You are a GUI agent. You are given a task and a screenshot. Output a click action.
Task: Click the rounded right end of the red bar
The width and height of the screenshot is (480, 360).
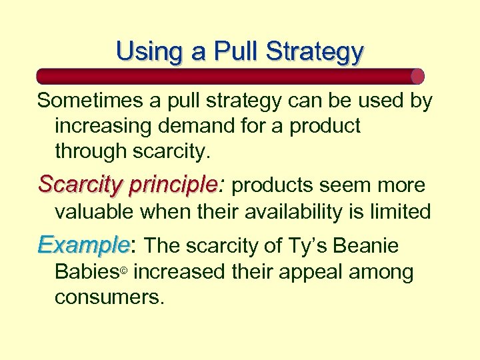[x=417, y=76]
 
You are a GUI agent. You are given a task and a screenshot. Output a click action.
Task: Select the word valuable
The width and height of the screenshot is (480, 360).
[x=94, y=212]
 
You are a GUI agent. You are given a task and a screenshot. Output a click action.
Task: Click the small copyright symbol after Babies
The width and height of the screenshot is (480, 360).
[x=123, y=273]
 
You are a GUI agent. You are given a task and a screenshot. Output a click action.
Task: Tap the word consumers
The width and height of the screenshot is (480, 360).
[x=109, y=297]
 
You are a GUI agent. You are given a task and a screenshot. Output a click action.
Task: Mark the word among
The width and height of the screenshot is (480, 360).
[x=383, y=272]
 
